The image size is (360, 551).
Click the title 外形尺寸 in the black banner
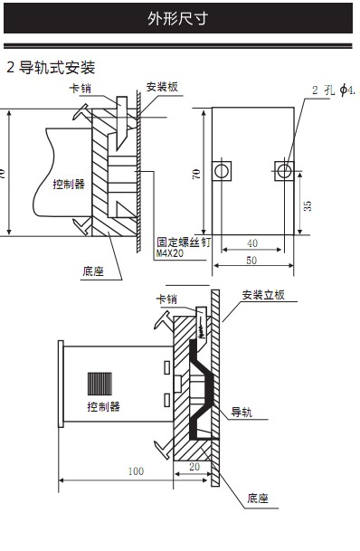(x=179, y=18)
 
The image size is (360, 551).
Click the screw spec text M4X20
(x=171, y=254)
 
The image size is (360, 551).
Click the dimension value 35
(x=308, y=205)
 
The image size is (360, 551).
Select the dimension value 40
(x=252, y=242)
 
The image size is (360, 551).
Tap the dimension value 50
(x=252, y=261)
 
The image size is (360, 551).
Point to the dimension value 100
(x=136, y=470)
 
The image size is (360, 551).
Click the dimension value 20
(x=196, y=466)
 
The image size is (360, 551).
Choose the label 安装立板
(x=263, y=295)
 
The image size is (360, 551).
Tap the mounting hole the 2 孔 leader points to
(x=285, y=170)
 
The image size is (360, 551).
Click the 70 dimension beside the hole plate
(x=197, y=175)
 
